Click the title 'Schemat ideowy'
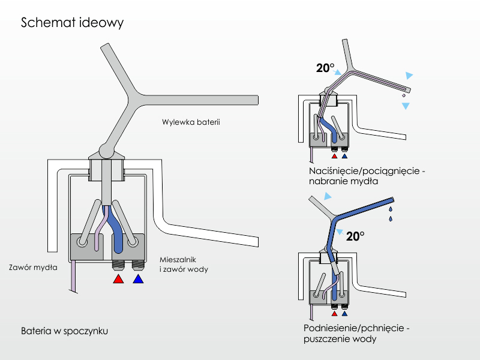coord(72,23)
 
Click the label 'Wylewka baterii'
coord(191,122)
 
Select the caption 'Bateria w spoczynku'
coord(64,331)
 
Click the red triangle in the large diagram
coord(119,280)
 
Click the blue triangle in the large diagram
coord(139,280)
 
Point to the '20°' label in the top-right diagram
coord(325,68)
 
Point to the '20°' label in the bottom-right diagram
coord(355,236)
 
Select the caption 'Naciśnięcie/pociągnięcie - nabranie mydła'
coord(367,176)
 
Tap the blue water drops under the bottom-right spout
coord(391,214)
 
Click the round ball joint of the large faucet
coord(105,148)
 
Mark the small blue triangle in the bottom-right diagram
coord(344,313)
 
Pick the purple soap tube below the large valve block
coord(74,277)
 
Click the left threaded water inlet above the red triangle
coord(119,265)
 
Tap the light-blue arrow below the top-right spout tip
coord(406,106)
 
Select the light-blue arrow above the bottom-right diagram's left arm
coord(327,196)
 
